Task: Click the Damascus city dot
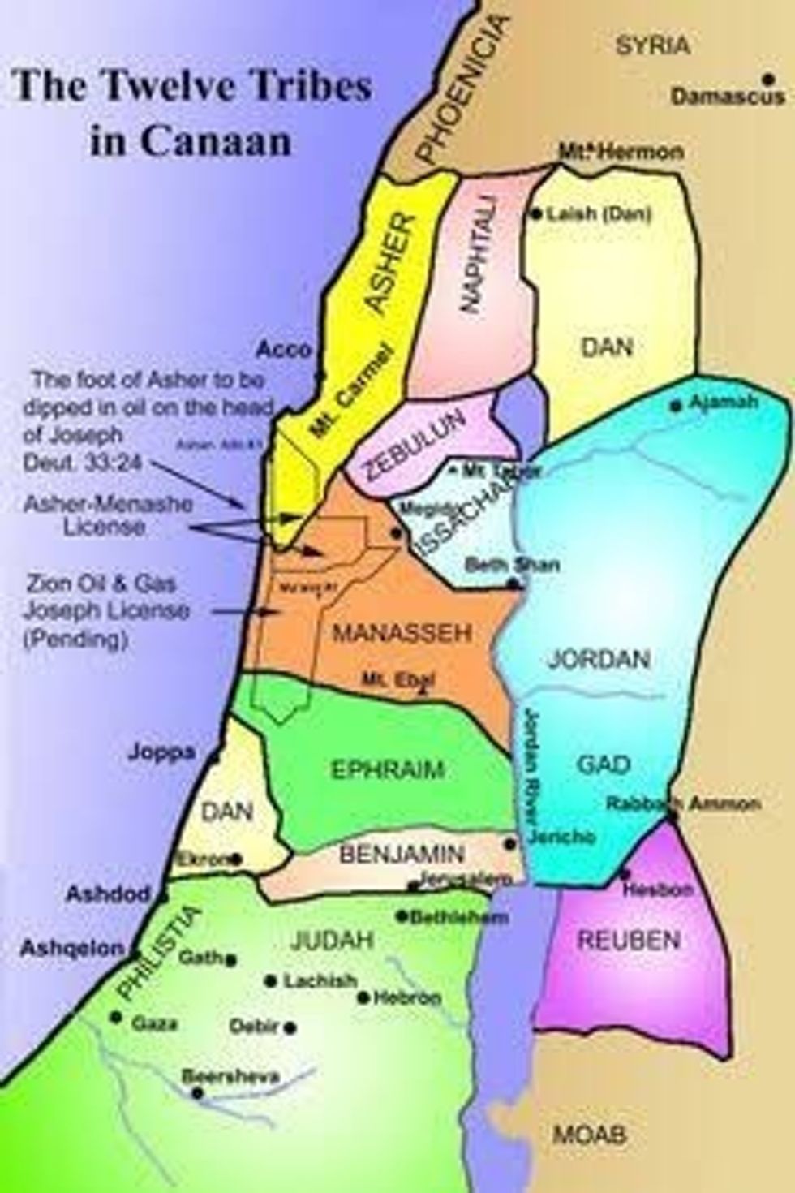tap(766, 79)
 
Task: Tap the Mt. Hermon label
tap(621, 151)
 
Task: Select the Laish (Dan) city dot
tap(535, 214)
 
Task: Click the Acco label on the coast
tap(284, 350)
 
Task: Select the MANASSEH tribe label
tap(391, 633)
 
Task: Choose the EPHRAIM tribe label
tap(388, 769)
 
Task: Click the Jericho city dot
tap(510, 844)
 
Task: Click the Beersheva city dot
tap(197, 1094)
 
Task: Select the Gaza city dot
tap(117, 1017)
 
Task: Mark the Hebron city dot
tap(363, 998)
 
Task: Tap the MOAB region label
tap(590, 1134)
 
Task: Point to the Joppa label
tap(161, 752)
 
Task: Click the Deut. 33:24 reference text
tap(74, 459)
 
